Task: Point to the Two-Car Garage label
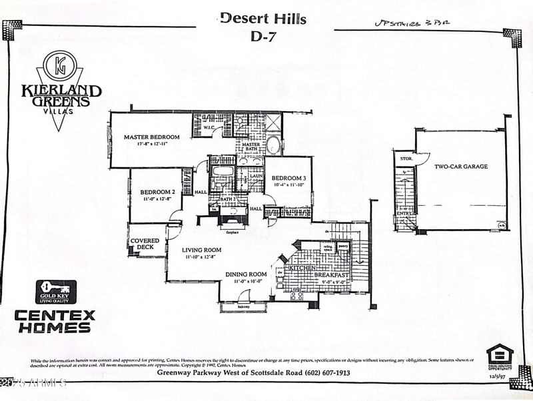pos(460,167)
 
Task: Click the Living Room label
pos(203,250)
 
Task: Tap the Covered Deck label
pos(145,244)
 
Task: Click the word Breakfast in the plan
pos(332,275)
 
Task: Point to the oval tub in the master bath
pos(273,145)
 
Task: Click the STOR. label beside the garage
pos(404,160)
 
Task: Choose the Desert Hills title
pos(263,19)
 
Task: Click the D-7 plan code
pos(263,37)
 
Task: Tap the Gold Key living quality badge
pos(56,292)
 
